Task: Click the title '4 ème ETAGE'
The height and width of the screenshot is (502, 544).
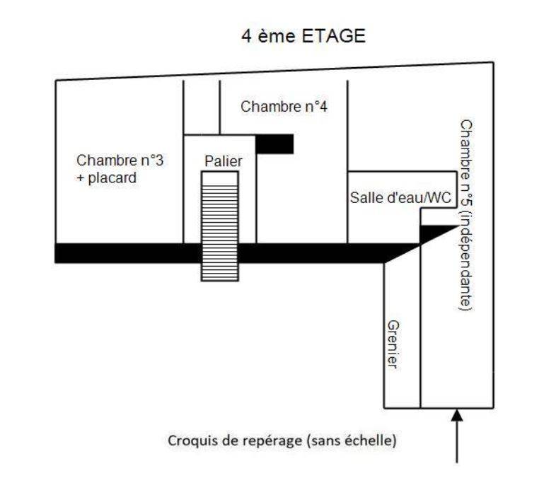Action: [x=303, y=37]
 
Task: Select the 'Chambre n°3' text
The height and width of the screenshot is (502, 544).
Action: [x=120, y=160]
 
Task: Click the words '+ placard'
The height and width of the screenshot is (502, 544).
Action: [x=106, y=178]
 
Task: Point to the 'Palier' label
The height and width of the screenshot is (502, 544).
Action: [x=223, y=161]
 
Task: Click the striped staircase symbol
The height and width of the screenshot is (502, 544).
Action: [x=219, y=226]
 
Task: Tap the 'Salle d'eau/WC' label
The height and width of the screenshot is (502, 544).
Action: [x=400, y=199]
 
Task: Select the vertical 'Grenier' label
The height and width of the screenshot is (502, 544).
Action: [x=393, y=344]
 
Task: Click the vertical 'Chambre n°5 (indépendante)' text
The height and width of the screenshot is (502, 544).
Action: [x=465, y=215]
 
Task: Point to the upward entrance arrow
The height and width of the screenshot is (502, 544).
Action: [x=457, y=435]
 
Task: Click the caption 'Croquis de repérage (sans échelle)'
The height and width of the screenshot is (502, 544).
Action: [x=282, y=440]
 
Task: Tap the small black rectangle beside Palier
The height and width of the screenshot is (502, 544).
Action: [x=274, y=144]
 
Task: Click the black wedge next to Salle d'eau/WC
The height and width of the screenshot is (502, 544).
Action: [x=433, y=233]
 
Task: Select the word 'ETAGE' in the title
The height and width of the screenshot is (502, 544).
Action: [x=335, y=37]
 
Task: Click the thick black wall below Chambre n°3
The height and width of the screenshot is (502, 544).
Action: [x=120, y=252]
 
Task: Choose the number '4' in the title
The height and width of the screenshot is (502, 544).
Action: [x=246, y=37]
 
